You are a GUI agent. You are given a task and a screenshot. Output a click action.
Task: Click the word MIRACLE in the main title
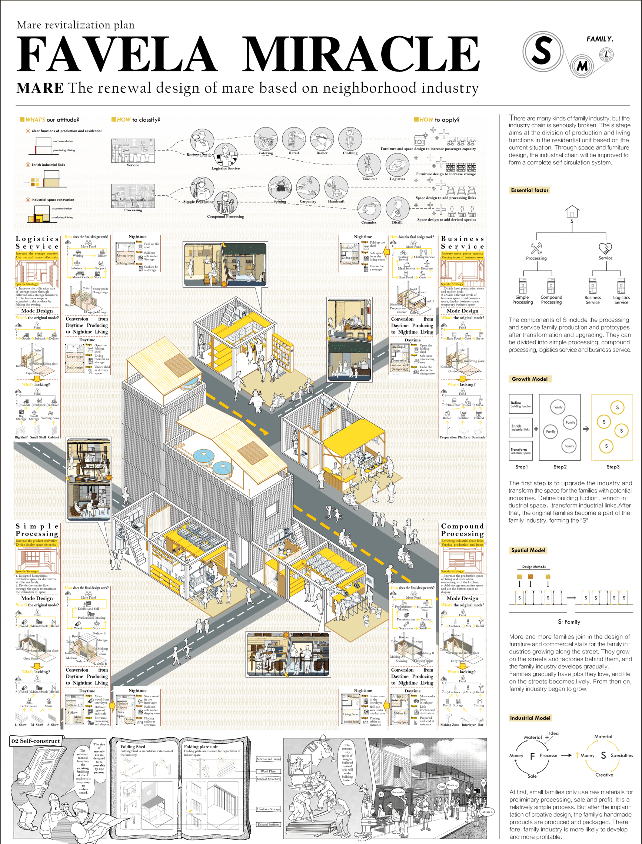(x=360, y=54)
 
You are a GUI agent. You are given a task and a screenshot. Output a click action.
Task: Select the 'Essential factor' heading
(x=529, y=190)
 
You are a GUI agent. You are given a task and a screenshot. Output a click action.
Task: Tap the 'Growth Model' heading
(x=529, y=379)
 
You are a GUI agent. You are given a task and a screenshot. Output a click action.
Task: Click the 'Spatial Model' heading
(x=528, y=550)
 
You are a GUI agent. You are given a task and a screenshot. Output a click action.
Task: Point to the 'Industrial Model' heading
(x=530, y=718)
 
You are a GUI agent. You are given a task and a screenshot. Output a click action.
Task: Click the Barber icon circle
(x=322, y=139)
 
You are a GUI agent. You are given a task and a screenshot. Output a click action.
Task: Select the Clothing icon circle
(x=350, y=139)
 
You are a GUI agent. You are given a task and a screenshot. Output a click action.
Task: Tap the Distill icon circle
(x=397, y=209)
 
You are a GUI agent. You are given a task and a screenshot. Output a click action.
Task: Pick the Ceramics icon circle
(x=369, y=209)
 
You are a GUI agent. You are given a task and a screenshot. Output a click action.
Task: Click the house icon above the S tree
(x=572, y=211)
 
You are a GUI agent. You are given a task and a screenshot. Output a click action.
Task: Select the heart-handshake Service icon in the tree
(x=605, y=248)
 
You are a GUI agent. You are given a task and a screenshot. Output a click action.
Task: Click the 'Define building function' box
(x=520, y=404)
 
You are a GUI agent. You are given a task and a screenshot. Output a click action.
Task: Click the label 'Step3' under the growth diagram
(x=613, y=467)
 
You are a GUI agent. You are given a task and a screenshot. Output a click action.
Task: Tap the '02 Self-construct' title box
(x=36, y=741)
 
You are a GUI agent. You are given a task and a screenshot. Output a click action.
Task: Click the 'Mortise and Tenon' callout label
(x=269, y=759)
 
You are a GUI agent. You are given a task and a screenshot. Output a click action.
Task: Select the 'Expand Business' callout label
(x=268, y=824)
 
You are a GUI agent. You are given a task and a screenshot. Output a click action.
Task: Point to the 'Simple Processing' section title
(x=37, y=530)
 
